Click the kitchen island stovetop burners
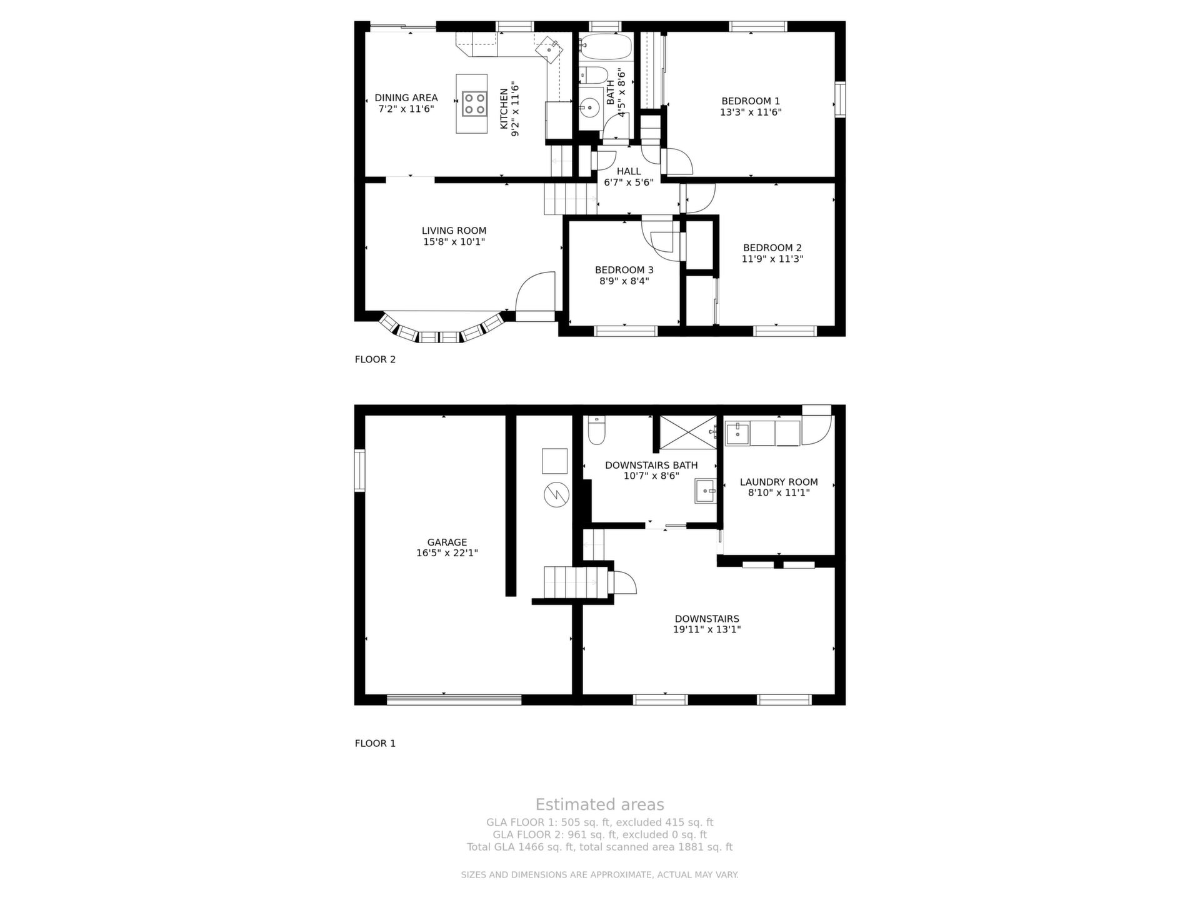tap(474, 104)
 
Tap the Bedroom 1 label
tap(751, 101)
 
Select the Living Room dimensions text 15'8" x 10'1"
tap(454, 242)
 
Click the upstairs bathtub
tap(606, 47)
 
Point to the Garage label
tap(447, 542)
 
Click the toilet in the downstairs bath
tap(597, 430)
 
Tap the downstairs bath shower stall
tap(687, 432)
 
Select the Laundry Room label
tap(779, 482)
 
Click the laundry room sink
tap(737, 432)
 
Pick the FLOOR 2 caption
tap(375, 359)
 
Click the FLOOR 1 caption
tap(375, 743)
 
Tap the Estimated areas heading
tap(599, 804)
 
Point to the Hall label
tap(629, 171)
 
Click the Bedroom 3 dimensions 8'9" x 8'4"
tap(624, 281)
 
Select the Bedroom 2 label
tap(772, 247)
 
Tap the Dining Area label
tap(406, 97)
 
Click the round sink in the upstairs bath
tap(589, 108)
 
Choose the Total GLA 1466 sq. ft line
tap(599, 847)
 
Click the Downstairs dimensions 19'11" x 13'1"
tap(707, 629)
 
